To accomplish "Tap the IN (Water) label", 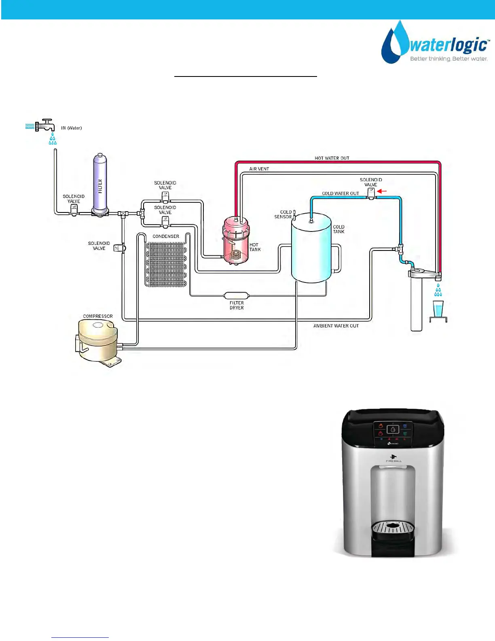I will (x=71, y=128).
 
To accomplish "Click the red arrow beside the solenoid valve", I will (x=382, y=191).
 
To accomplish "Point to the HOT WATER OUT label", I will (x=332, y=158).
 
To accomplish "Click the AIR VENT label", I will (x=259, y=169).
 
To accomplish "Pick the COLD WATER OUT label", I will (x=340, y=193).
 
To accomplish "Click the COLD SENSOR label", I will (x=283, y=214).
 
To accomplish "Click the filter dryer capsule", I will (x=237, y=295).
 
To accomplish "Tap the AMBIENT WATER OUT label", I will (x=336, y=326).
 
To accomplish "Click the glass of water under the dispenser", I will (x=438, y=309).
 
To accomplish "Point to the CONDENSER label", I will (x=165, y=236).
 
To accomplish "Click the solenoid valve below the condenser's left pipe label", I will (x=119, y=248).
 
